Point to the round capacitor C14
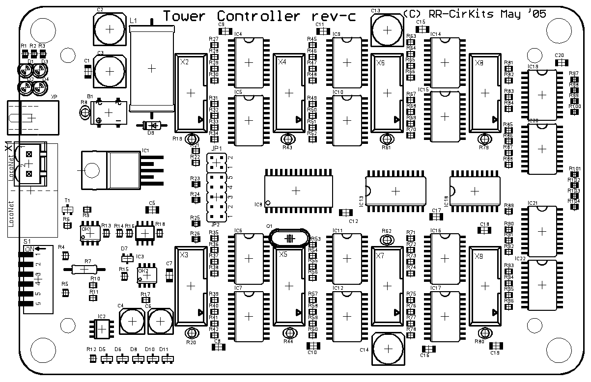pos(389,348)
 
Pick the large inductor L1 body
pos(151,69)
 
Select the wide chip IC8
pos(296,190)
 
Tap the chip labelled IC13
pos(395,191)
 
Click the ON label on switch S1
pos(29,248)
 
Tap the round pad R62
pos(387,240)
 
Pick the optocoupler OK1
pos(90,233)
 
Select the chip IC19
pos(542,95)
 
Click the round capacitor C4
pos(132,321)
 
